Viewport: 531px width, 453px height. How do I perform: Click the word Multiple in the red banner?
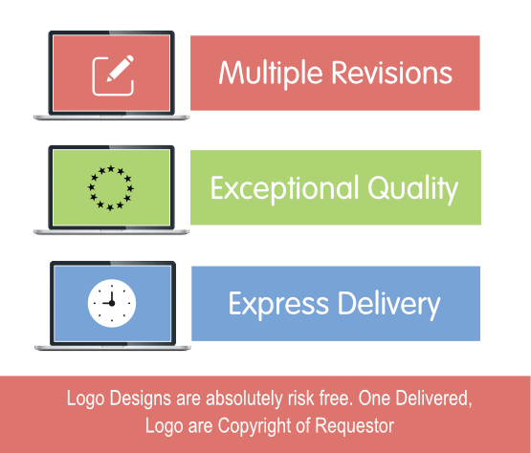[270, 74]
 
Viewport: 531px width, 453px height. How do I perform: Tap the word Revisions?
[392, 73]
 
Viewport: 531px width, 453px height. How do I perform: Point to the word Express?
[278, 304]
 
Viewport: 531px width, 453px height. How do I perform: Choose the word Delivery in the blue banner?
[388, 304]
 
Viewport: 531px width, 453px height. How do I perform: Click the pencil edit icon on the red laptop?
[113, 75]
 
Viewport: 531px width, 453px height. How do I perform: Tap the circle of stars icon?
[111, 188]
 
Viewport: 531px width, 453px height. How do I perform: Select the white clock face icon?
[112, 303]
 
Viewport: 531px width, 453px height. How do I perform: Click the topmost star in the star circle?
[111, 168]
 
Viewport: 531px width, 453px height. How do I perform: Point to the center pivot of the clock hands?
[112, 303]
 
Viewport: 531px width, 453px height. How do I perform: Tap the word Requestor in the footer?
[355, 425]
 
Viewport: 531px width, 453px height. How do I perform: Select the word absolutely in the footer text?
[244, 399]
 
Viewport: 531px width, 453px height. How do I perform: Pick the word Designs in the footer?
[141, 399]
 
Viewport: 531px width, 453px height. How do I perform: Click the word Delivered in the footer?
[433, 399]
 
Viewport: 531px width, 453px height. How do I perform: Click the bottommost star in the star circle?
[110, 207]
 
